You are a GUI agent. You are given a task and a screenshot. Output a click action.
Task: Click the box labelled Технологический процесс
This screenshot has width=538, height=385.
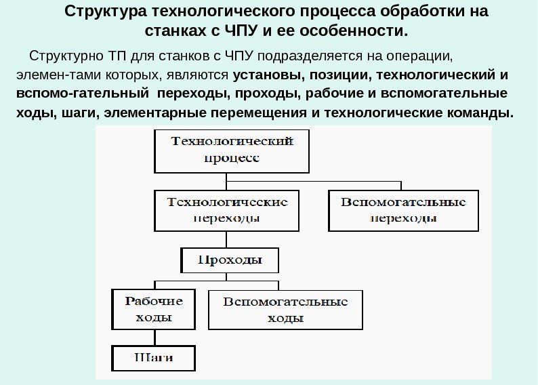pyautogui.click(x=232, y=151)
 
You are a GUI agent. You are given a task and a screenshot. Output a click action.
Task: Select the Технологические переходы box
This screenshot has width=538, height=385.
pyautogui.click(x=227, y=211)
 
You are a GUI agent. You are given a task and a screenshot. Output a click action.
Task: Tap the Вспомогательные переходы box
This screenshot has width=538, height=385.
pyautogui.click(x=403, y=211)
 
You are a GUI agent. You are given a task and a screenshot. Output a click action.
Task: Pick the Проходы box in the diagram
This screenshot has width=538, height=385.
pyautogui.click(x=229, y=260)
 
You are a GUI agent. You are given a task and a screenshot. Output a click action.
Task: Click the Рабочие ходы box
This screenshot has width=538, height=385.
pyautogui.click(x=153, y=309)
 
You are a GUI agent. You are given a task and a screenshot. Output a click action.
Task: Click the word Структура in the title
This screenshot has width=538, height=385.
pyautogui.click(x=106, y=13)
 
